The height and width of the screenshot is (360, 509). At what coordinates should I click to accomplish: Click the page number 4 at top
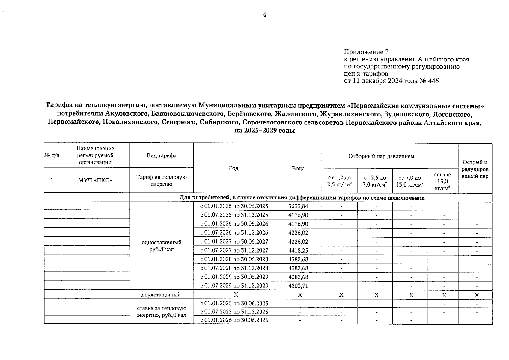pos(264,15)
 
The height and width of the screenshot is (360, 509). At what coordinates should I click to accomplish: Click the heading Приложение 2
pos(366,52)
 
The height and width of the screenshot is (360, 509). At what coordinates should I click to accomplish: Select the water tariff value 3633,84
pos(298,206)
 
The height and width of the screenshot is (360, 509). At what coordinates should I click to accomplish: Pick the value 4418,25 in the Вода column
pos(298,250)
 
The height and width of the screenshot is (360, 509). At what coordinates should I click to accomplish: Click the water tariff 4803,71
pos(298,286)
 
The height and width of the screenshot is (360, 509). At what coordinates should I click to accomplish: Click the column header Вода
pos(298,168)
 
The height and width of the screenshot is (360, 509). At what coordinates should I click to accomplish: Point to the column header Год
pos(234,168)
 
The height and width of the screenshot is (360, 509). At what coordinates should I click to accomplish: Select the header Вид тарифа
pos(161,155)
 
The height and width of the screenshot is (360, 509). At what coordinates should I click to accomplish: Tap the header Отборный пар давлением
pos(381,156)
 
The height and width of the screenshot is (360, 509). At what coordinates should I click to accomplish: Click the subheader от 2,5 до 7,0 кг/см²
pos(374,181)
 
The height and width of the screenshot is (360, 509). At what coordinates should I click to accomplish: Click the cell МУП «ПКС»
pos(95,180)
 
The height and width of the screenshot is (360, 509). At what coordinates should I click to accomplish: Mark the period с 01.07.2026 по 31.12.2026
pos(234,233)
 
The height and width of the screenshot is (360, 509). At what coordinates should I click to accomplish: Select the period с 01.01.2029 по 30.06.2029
pos(234,277)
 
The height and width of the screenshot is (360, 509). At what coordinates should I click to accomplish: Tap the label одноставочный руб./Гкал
pos(161,246)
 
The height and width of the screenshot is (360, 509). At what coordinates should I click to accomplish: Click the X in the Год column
pos(236,295)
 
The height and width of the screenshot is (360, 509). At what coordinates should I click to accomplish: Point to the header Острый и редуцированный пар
pos(475,169)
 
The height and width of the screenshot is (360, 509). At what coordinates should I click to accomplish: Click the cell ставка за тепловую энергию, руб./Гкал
pos(162,312)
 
